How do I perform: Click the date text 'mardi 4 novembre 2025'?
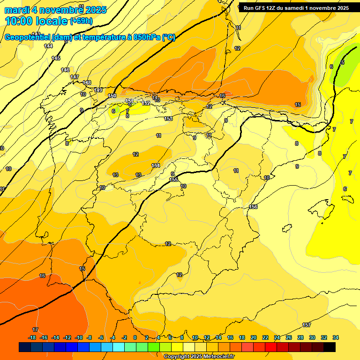tap(55, 10)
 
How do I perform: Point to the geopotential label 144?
tap(48, 46)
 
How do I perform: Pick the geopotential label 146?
tap(65, 70)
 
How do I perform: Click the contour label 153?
tap(169, 119)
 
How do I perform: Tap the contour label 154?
tap(156, 165)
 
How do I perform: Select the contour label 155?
tap(173, 180)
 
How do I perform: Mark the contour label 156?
tap(254, 207)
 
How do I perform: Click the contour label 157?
tap(307, 325)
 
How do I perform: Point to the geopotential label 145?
tap(56, 58)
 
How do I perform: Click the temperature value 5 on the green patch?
tap(343, 62)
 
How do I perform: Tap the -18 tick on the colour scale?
tap(32, 337)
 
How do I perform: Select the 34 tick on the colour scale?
tap(336, 337)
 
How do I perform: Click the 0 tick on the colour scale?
tap(135, 337)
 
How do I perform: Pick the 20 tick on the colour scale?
tap(254, 337)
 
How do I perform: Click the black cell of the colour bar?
tap(330, 347)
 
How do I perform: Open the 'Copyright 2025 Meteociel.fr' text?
tap(199, 356)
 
